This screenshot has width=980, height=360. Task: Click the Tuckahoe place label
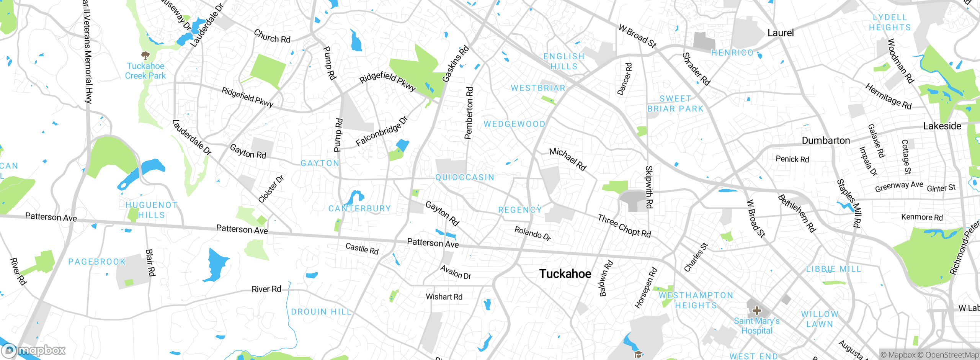tap(565, 273)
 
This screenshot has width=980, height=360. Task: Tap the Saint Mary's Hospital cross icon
tap(756, 311)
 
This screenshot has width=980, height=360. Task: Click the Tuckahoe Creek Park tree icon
tap(145, 56)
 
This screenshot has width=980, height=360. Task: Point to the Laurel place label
tap(781, 33)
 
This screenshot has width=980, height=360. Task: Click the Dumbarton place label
tap(826, 141)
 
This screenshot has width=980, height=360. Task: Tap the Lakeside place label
tap(942, 126)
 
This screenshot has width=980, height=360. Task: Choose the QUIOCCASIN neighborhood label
tap(465, 177)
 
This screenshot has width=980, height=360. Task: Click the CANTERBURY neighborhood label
tap(359, 209)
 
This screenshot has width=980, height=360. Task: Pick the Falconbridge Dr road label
tap(382, 131)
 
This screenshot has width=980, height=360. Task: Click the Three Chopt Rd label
tap(624, 226)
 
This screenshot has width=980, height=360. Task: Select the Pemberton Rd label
tap(469, 113)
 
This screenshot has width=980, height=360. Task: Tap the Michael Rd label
tap(568, 159)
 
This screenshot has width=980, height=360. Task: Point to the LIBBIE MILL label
tap(833, 269)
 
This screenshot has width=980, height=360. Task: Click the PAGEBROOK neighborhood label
tap(97, 262)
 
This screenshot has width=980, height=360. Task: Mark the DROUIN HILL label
tap(321, 312)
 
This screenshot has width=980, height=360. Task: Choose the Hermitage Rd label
tap(888, 97)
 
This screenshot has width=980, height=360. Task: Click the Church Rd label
tap(272, 37)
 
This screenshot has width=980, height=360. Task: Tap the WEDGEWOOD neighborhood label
tap(514, 124)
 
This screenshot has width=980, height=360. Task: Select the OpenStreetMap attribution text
tap(952, 355)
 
